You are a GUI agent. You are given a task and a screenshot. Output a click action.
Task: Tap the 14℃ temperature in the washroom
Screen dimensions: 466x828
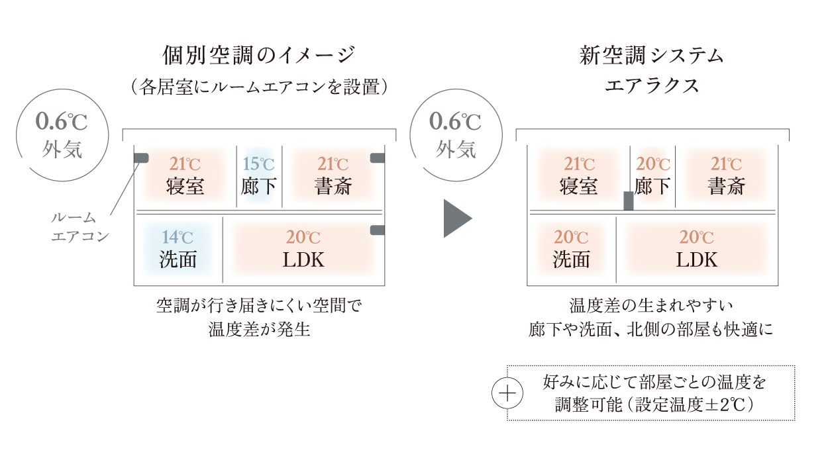coord(178,237)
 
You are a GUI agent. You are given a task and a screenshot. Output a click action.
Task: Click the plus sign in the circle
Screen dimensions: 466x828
coord(507,394)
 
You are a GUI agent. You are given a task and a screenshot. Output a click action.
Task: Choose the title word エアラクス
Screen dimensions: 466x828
coord(652,86)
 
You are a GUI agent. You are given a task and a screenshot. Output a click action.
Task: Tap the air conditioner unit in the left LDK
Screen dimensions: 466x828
coord(377,230)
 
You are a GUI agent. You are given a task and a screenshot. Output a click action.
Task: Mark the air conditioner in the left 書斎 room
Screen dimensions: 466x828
coord(377,158)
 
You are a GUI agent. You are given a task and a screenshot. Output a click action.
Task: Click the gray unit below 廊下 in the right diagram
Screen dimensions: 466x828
coord(629,201)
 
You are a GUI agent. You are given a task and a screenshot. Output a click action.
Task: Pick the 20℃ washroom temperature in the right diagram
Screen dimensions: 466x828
coord(572,237)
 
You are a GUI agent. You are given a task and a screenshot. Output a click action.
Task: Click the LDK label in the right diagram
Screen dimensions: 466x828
coord(697,259)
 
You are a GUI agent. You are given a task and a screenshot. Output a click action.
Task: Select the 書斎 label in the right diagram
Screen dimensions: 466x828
coord(726,186)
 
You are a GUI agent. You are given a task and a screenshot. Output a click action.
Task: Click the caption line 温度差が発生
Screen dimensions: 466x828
coord(259,329)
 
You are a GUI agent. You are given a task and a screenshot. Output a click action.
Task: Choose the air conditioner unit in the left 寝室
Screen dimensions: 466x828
coord(140,158)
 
